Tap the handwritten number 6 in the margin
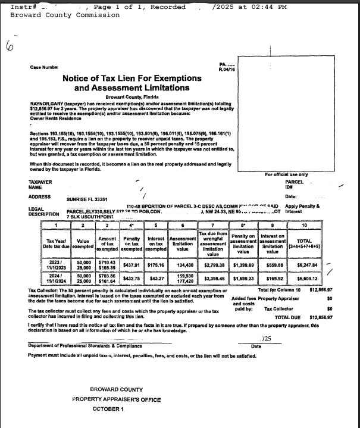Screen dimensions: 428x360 10,46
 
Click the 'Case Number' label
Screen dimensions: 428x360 45,67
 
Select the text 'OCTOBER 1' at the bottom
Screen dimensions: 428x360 108,409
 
